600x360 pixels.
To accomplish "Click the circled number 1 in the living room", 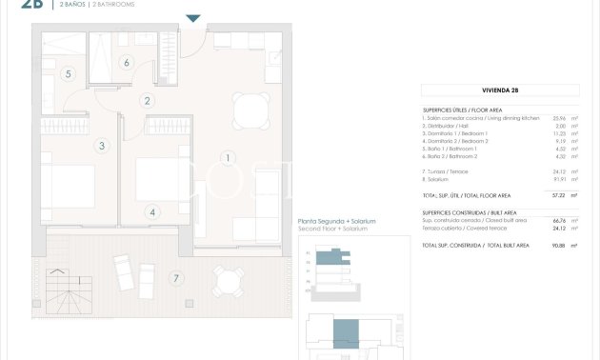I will pyautogui.click(x=227, y=158).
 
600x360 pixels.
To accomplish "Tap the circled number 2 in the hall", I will pyautogui.click(x=148, y=100).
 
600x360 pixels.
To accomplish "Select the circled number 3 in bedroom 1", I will pyautogui.click(x=102, y=146).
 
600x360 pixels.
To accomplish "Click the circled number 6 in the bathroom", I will pyautogui.click(x=127, y=63).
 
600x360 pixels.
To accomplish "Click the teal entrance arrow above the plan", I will pyautogui.click(x=193, y=18).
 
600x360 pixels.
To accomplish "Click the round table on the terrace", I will pyautogui.click(x=226, y=280).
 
